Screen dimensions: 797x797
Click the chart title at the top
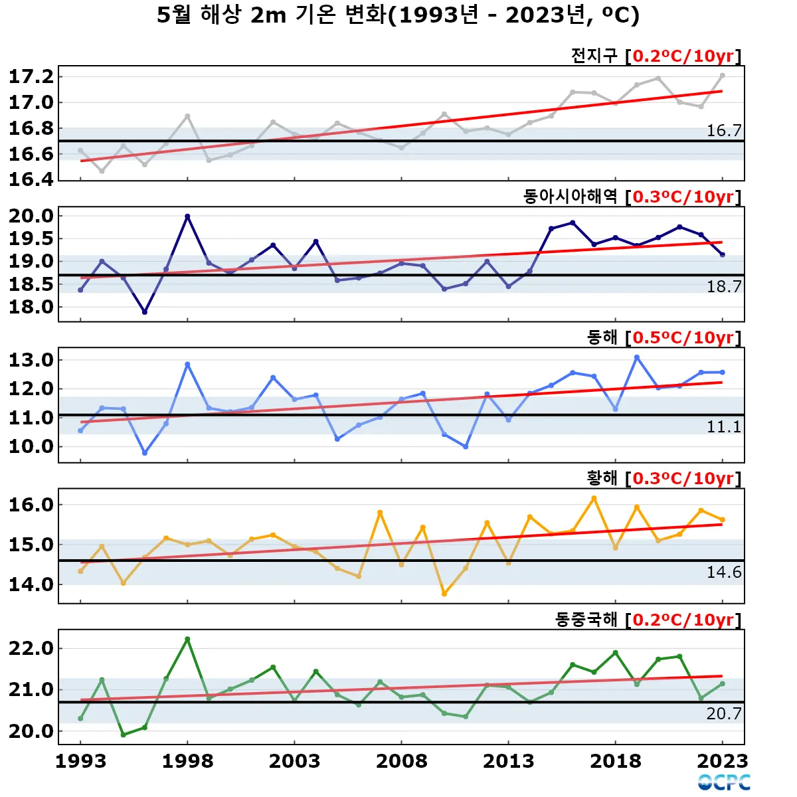tap(398, 15)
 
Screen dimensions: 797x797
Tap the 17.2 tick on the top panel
tap(31, 76)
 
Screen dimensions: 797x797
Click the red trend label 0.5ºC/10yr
tap(683, 337)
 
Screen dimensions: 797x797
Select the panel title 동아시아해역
tap(570, 197)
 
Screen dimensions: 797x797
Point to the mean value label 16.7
tap(723, 130)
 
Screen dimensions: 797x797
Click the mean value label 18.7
tap(723, 286)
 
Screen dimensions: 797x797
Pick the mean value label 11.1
tap(723, 426)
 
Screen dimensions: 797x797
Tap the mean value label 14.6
tap(723, 572)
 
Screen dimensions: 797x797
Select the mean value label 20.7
tap(723, 713)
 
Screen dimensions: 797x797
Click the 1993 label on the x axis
tap(80, 761)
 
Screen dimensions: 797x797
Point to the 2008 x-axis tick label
tap(401, 761)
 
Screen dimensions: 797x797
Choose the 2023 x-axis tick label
tap(723, 761)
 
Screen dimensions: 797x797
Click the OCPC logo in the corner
tap(724, 782)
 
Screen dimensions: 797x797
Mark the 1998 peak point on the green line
tap(187, 639)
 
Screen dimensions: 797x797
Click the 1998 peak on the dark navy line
tap(187, 216)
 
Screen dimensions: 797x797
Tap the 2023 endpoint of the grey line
tap(722, 76)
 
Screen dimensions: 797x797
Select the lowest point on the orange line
tap(444, 594)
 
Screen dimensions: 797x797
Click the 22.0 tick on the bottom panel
tap(31, 648)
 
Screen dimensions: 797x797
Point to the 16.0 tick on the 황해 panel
tap(31, 505)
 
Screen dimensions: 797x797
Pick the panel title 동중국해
tap(586, 620)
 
